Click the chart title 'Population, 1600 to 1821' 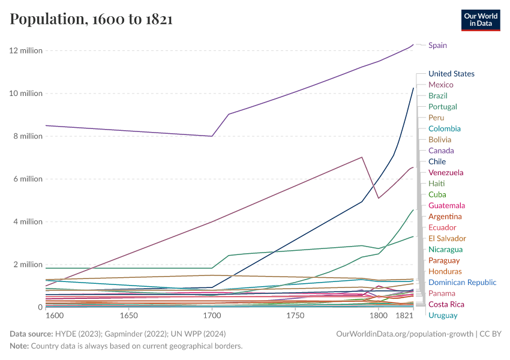click(x=91, y=19)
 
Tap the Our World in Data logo click(x=481, y=20)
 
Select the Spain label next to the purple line click(x=437, y=45)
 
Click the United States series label click(x=451, y=74)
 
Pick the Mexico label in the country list click(x=440, y=85)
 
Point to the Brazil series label click(x=437, y=95)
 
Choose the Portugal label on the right click(x=443, y=107)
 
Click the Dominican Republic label click(x=462, y=282)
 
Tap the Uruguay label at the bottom click(x=442, y=315)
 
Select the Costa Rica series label click(x=446, y=304)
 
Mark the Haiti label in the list click(x=437, y=183)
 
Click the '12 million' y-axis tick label click(x=26, y=50)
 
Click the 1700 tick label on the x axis click(x=212, y=315)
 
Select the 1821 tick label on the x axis click(x=406, y=315)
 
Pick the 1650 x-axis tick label click(x=128, y=315)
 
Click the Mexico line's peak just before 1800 click(x=362, y=157)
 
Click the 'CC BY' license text click(x=491, y=334)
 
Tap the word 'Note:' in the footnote click(x=20, y=346)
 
